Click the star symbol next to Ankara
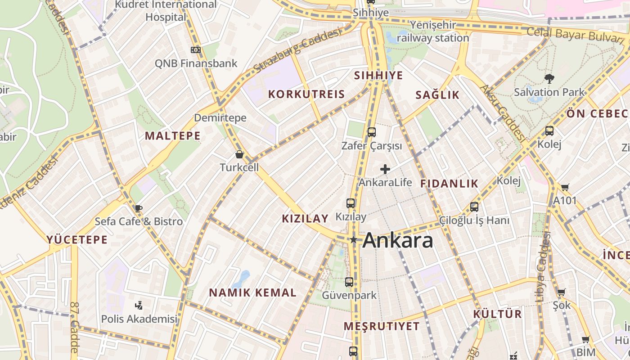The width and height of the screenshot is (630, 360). click(354, 240)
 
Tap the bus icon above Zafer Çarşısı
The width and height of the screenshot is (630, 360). click(371, 132)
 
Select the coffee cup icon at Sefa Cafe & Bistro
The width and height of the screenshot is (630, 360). click(138, 208)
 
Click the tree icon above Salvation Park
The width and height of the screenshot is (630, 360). click(549, 79)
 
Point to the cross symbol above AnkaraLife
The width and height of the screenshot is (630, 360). click(385, 169)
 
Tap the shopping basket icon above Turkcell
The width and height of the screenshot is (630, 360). click(239, 154)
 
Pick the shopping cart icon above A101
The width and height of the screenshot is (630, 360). click(565, 187)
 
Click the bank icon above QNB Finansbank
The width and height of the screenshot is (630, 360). click(196, 50)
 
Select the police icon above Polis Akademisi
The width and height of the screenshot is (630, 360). click(139, 306)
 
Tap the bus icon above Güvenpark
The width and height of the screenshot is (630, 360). click(349, 282)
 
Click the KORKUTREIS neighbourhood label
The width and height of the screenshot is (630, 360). click(306, 94)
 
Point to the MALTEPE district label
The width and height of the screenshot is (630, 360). click(172, 136)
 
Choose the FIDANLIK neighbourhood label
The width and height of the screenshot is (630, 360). click(449, 184)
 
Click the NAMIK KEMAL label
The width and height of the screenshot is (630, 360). click(252, 293)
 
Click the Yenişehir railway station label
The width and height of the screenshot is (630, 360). click(433, 31)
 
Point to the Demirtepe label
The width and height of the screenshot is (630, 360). click(220, 118)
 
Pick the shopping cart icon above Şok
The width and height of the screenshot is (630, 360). click(561, 292)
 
